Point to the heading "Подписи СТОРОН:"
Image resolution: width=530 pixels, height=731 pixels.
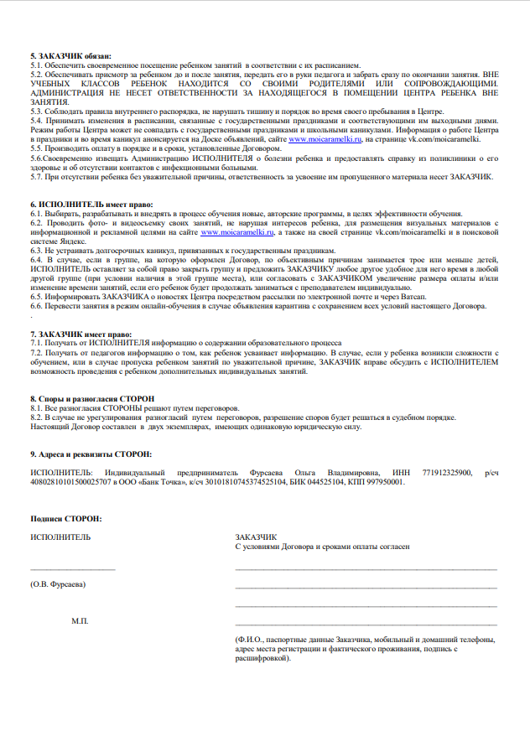click(65, 519)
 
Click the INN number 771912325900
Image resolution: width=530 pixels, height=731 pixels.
click(446, 474)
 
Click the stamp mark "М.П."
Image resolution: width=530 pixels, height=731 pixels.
click(81, 621)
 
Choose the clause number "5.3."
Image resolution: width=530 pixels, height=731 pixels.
click(38, 111)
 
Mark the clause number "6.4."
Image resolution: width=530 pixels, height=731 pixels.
click(38, 260)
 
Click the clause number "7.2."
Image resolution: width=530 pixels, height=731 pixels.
click(38, 353)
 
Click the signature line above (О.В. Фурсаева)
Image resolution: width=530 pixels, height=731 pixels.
click(72, 570)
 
